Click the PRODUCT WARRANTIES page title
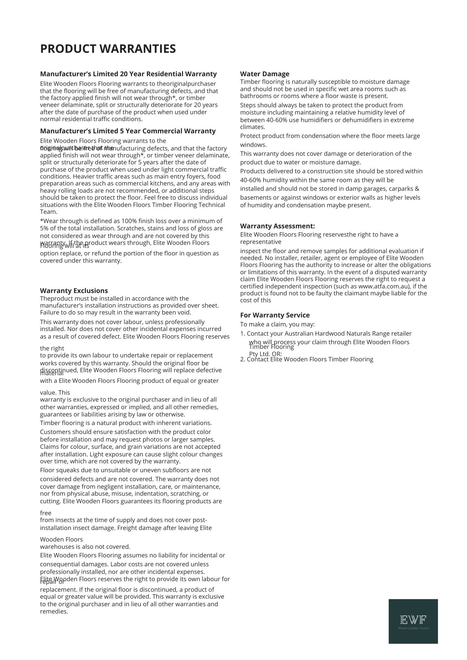(108, 49)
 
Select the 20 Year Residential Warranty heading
(128, 74)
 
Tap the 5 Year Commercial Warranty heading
(127, 131)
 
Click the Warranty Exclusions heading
(74, 291)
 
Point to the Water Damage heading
(265, 74)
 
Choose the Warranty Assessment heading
(277, 226)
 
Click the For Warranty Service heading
(275, 315)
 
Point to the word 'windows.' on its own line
(253, 145)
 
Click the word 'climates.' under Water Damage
(253, 127)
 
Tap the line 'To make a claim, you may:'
(277, 324)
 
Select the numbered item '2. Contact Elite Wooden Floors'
(306, 359)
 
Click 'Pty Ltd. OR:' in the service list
(266, 354)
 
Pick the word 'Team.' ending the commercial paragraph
(49, 212)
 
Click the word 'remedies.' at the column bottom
(54, 611)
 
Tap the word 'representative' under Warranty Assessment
(261, 242)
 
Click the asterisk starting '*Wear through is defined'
(42, 220)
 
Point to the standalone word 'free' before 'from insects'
(46, 513)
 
